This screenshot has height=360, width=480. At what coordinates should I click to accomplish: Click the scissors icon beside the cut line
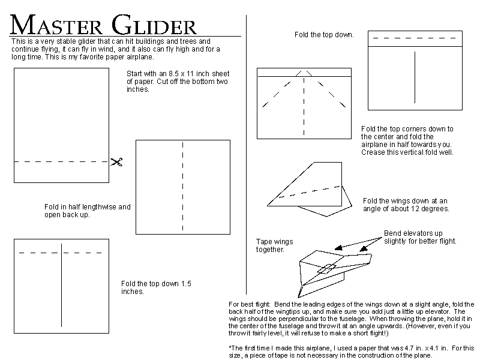pyautogui.click(x=116, y=162)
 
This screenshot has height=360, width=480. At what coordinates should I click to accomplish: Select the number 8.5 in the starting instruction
pyautogui.click(x=175, y=74)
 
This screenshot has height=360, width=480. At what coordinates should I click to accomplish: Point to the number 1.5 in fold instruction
pyautogui.click(x=186, y=284)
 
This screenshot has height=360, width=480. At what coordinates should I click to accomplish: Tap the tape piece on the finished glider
pyautogui.click(x=326, y=269)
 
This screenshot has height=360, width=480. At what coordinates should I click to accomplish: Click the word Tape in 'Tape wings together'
pyautogui.click(x=263, y=242)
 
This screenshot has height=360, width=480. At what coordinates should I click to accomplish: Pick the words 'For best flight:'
pyautogui.click(x=250, y=305)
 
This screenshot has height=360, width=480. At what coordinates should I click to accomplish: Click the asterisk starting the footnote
pyautogui.click(x=230, y=347)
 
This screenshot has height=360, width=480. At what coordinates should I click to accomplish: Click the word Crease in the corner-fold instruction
pyautogui.click(x=371, y=152)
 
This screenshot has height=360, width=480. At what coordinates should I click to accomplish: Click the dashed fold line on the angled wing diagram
pyautogui.click(x=310, y=191)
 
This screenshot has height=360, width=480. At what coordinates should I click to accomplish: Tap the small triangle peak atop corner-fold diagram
pyautogui.click(x=304, y=73)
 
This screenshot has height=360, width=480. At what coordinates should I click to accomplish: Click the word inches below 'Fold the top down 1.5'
pyautogui.click(x=132, y=292)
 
